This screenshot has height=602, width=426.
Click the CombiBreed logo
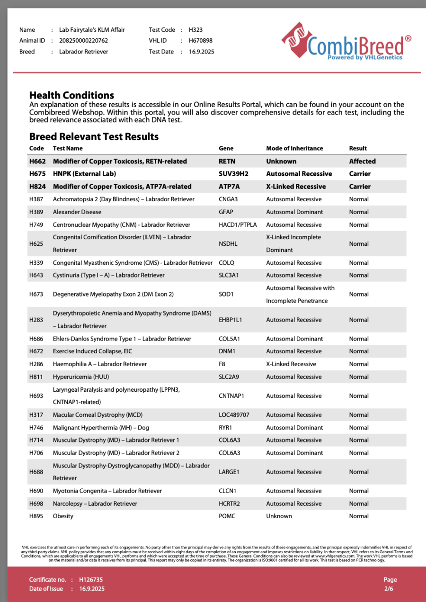[346, 43]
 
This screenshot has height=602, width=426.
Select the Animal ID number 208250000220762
[83, 41]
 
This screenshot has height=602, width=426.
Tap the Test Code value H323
[195, 30]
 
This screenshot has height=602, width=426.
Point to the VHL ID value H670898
[200, 41]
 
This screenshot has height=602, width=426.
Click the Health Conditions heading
[71, 95]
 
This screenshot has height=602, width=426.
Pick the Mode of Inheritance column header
[294, 148]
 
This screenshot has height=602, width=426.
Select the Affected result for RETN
[362, 161]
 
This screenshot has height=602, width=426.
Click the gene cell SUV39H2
[233, 174]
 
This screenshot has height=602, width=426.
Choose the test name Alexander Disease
[77, 212]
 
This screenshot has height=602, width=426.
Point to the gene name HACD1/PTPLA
[237, 225]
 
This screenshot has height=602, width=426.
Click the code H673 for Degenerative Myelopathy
[36, 294]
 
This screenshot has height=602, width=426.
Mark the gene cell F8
[222, 364]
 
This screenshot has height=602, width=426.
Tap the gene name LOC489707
[234, 415]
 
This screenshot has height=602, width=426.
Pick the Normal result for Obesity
[359, 516]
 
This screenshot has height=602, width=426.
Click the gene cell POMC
[227, 516]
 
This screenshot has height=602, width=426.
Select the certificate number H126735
[91, 580]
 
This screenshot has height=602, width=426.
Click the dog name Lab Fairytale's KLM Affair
[92, 30]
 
